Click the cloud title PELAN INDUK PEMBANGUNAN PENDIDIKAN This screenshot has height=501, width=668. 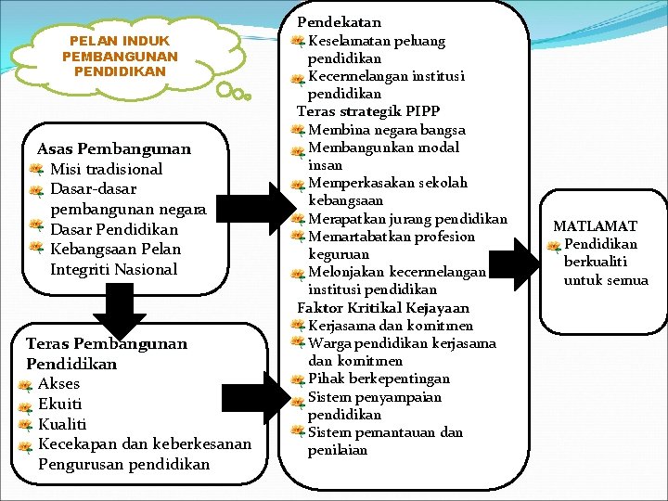(120, 56)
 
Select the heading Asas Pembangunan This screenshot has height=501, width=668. (113, 148)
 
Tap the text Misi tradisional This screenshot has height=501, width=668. (106, 169)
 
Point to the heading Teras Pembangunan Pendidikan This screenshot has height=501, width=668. (106, 353)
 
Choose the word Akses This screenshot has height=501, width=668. (58, 384)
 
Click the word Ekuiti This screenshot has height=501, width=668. (59, 405)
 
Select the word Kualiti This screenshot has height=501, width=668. (62, 424)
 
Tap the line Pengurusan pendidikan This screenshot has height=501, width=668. (123, 464)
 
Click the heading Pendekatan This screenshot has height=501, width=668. (339, 21)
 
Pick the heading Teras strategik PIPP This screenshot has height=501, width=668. (367, 111)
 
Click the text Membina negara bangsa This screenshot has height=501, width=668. (386, 129)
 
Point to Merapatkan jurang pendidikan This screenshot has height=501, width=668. (407, 219)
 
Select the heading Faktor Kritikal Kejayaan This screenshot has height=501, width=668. (382, 307)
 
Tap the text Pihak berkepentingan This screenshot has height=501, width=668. (379, 379)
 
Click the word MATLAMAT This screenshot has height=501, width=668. (595, 225)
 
